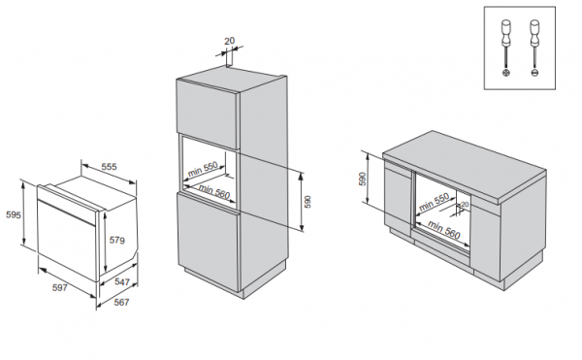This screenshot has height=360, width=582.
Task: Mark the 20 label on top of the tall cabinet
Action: click(230, 42)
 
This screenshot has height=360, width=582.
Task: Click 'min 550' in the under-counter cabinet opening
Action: click(436, 203)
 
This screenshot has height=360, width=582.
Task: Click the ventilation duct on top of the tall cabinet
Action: click(231, 62)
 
